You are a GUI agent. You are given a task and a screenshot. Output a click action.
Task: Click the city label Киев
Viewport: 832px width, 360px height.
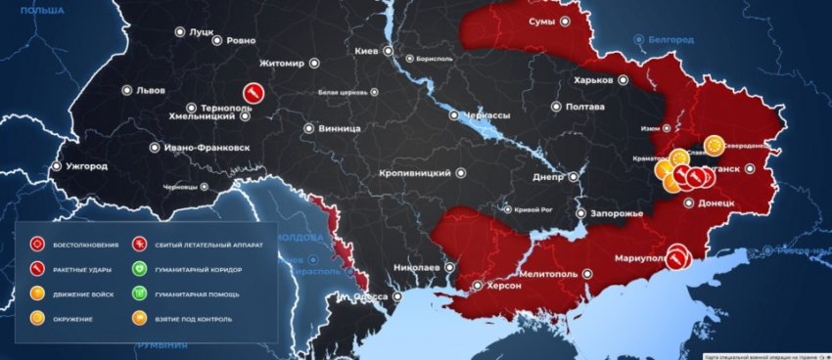click(x=367, y=50)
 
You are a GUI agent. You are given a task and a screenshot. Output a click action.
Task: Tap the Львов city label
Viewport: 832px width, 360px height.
click(x=150, y=90)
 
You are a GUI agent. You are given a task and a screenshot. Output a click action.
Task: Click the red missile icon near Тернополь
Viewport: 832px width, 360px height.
click(x=254, y=93)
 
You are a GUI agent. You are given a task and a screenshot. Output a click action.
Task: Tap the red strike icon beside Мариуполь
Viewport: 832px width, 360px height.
click(x=676, y=256)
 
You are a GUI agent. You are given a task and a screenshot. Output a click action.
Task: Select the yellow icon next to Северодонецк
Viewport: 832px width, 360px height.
click(x=714, y=146)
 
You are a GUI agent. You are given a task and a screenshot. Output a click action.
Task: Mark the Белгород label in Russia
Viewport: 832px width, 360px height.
click(x=674, y=39)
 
